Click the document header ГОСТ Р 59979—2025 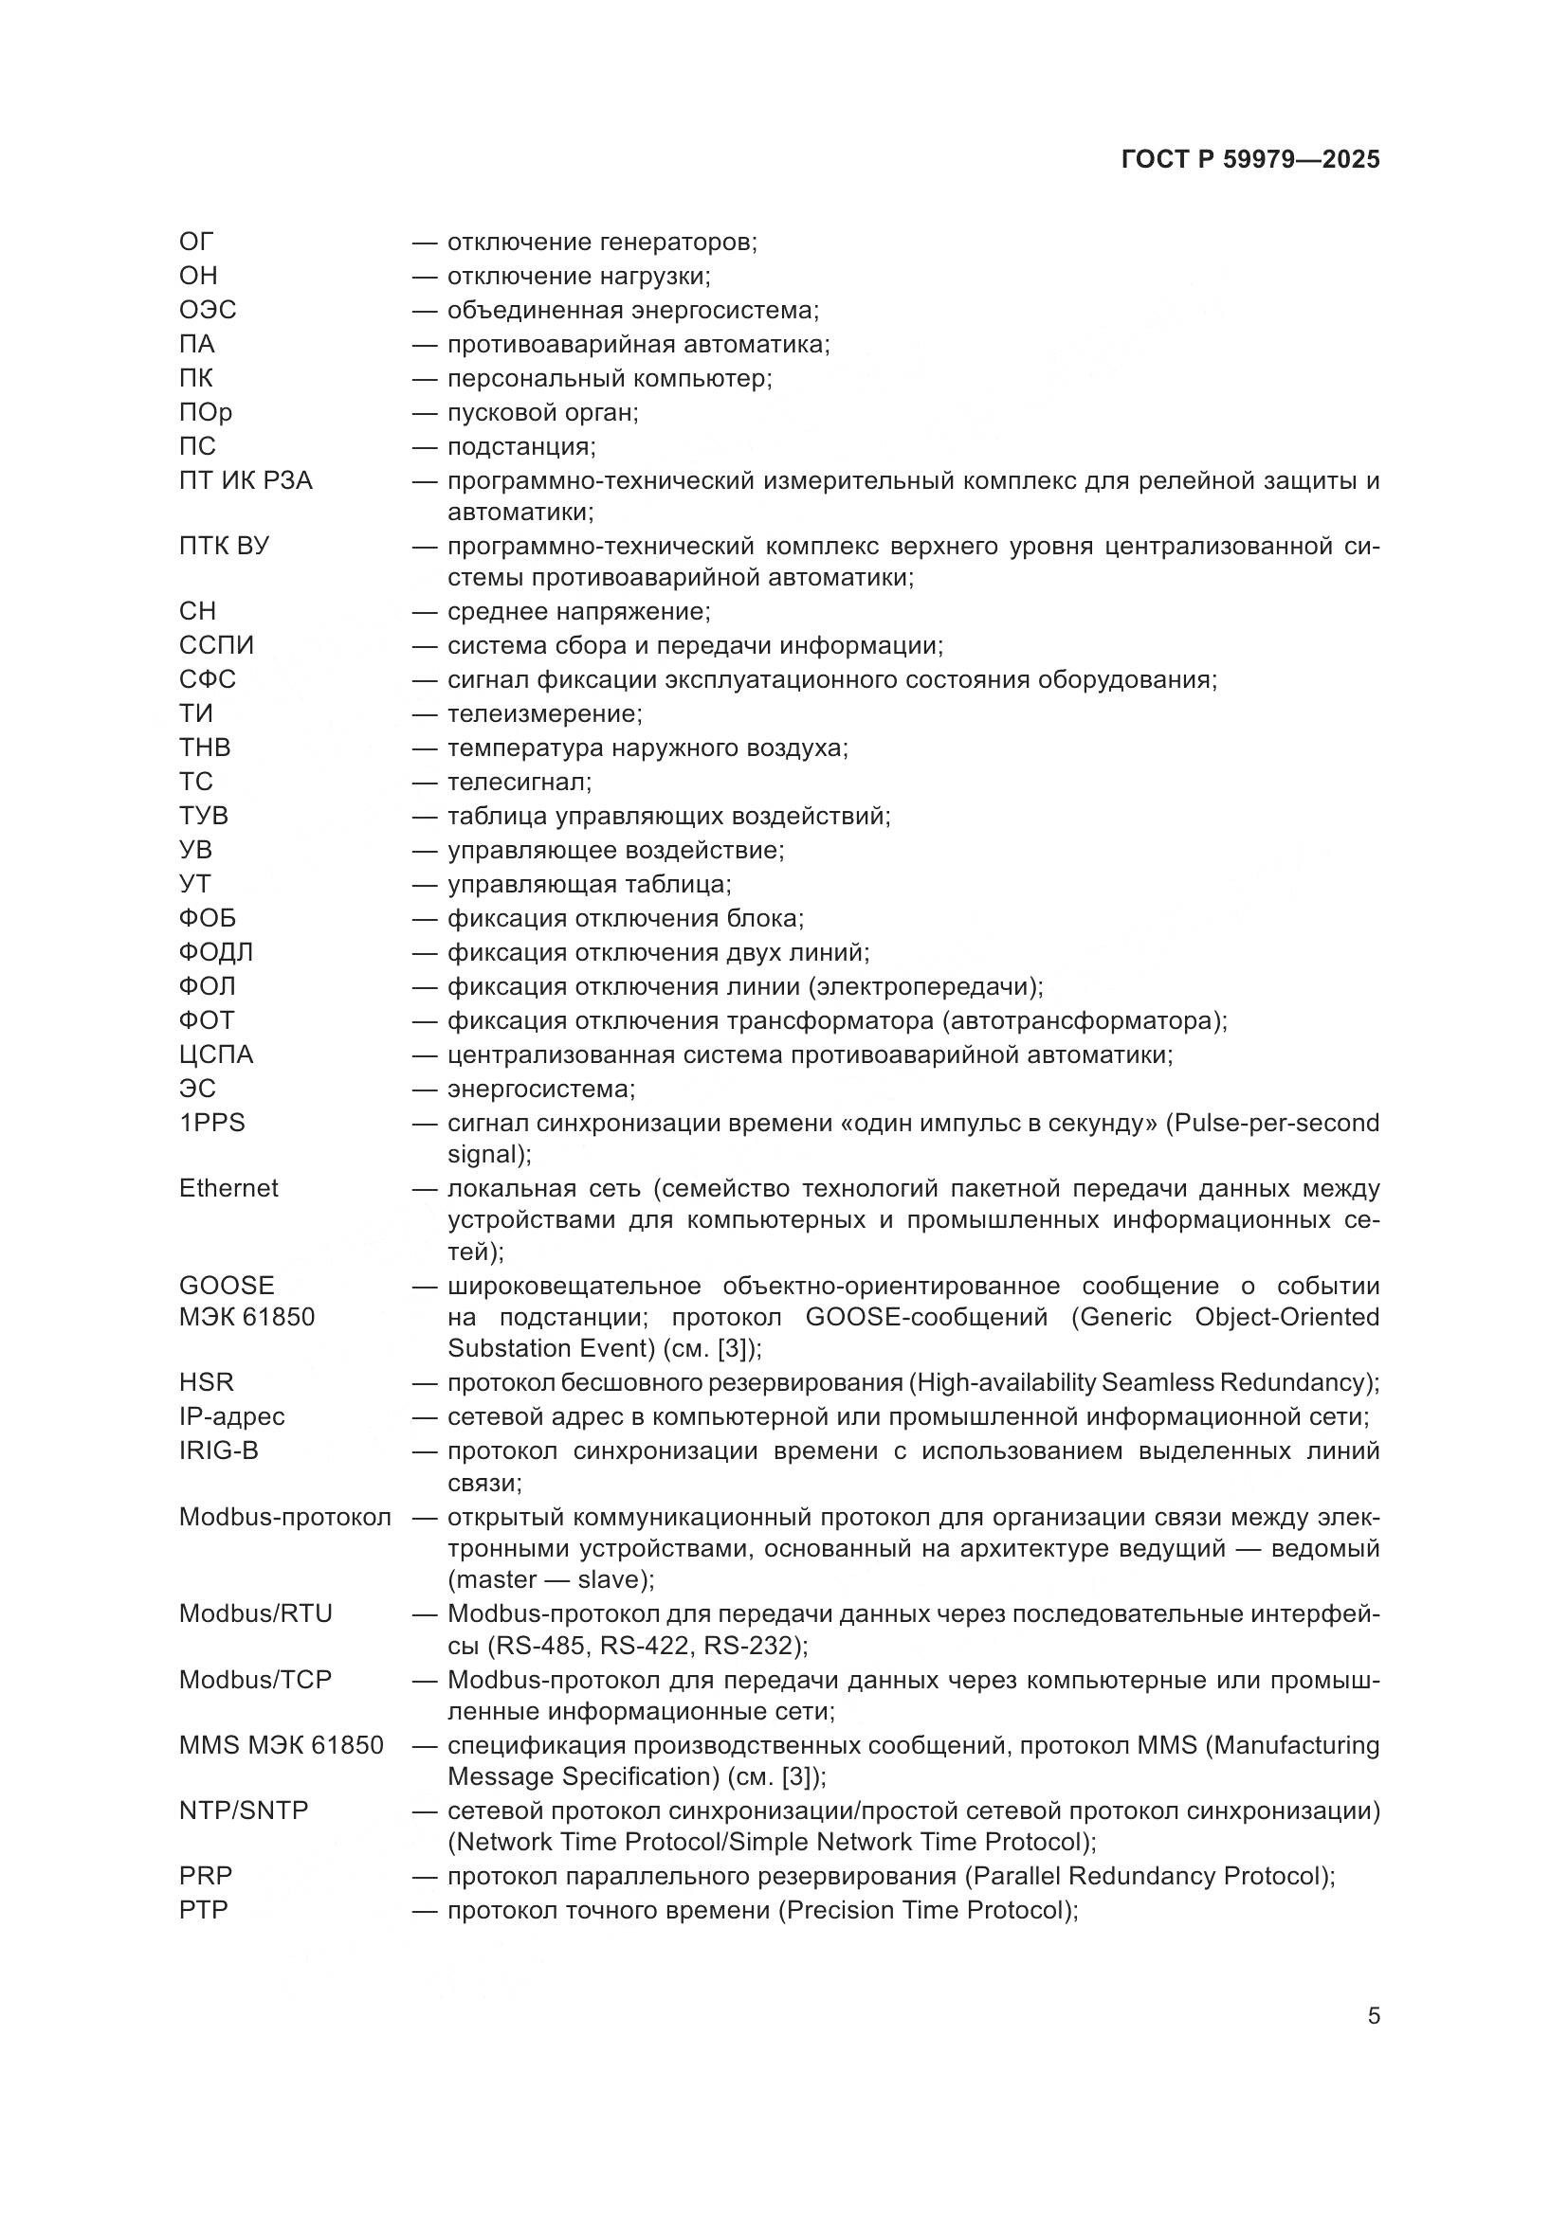(x=1250, y=160)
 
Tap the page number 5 (x=1373, y=2015)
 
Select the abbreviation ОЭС (x=208, y=310)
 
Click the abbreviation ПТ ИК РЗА (x=246, y=480)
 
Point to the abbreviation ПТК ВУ (x=224, y=547)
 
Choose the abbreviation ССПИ (x=216, y=646)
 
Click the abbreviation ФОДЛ (x=216, y=952)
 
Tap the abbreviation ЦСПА (x=216, y=1054)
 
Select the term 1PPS (x=212, y=1123)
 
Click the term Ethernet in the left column (x=228, y=1188)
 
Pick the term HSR (x=207, y=1382)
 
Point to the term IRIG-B (x=219, y=1450)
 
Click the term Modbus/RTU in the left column (x=256, y=1613)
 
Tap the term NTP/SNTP (x=245, y=1811)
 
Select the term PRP (x=206, y=1875)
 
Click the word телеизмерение (x=544, y=714)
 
